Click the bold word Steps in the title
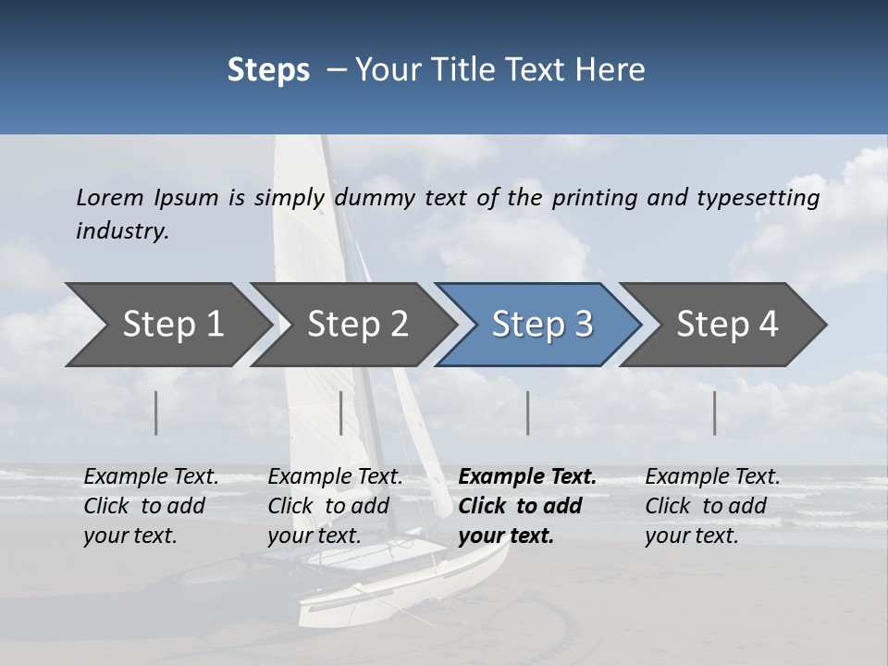point(268,70)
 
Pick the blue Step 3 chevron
point(542,325)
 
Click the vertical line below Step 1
point(156,413)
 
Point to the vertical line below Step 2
point(341,413)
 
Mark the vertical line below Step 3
point(527,413)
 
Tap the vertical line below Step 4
point(715,413)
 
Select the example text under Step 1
point(151,505)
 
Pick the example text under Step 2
point(335,505)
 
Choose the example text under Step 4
point(712,505)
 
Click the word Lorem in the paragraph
point(110,197)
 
